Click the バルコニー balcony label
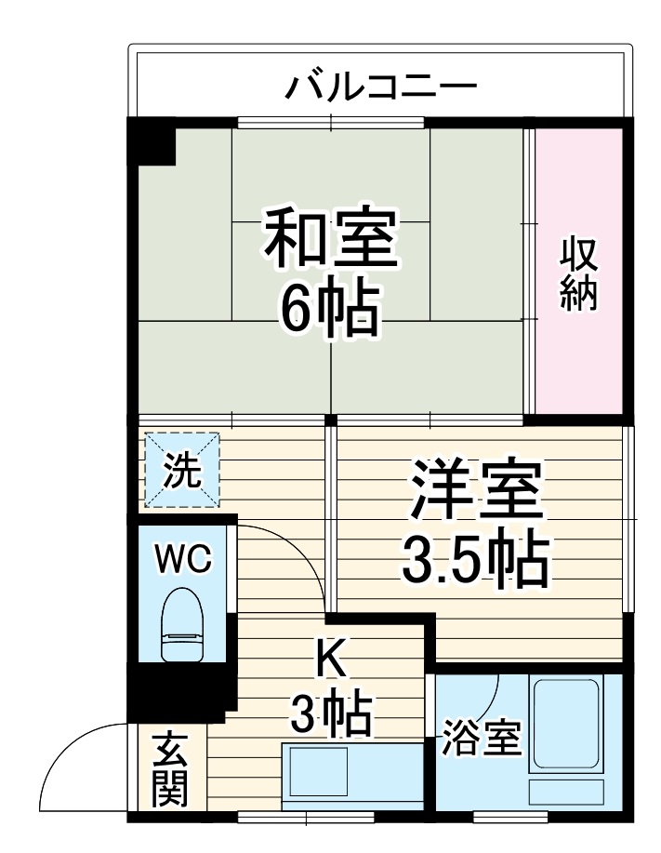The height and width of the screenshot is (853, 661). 380,87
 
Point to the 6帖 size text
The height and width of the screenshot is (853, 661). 331,309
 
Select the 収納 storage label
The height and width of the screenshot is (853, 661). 578,274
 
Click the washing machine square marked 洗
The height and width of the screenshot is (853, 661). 182,471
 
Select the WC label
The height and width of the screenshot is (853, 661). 183,560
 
